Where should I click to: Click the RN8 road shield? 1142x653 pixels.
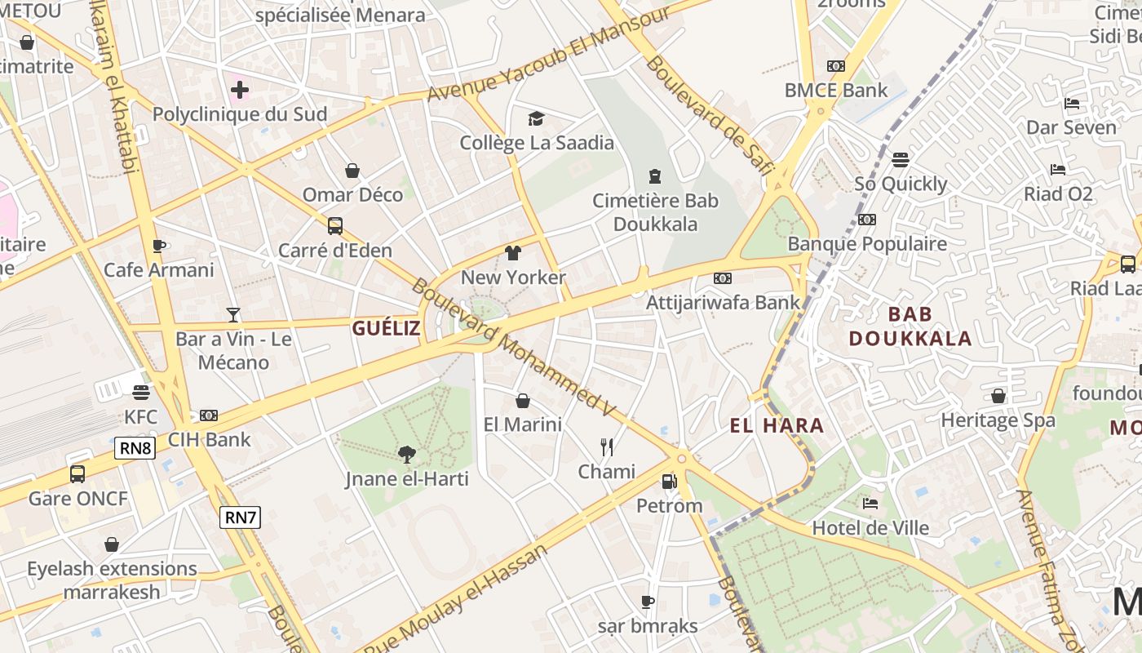point(135,448)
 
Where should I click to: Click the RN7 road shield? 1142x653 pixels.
point(240,517)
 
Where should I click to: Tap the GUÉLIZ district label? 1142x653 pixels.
point(386,328)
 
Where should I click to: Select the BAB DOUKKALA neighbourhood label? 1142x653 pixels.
point(910,326)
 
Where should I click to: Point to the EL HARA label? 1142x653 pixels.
point(777,425)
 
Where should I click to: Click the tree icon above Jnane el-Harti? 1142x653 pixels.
point(406,455)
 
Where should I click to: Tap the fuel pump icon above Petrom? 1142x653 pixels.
point(669,482)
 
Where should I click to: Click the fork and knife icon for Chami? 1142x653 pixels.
point(606,447)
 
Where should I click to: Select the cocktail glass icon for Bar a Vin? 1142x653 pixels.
point(233,314)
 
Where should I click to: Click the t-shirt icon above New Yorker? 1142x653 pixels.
point(513,253)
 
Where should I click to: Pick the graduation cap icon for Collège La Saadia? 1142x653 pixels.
point(536,119)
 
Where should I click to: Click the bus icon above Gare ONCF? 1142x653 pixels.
point(77,473)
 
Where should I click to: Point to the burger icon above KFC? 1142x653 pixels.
point(140,393)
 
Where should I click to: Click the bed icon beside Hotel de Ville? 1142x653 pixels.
point(870,504)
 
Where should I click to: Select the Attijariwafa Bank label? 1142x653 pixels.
point(723,302)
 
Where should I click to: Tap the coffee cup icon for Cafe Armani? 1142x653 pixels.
point(158,246)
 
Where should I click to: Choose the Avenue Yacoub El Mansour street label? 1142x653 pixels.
point(549,54)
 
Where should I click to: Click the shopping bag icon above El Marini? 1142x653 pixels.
point(523,401)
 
